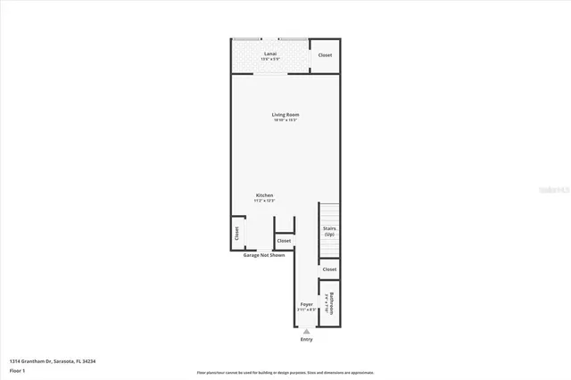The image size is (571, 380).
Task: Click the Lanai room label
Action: pyautogui.click(x=270, y=54)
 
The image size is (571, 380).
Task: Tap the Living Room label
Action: pyautogui.click(x=285, y=114)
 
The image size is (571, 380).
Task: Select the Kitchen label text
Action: pyautogui.click(x=265, y=195)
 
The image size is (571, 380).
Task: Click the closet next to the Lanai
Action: pyautogui.click(x=326, y=55)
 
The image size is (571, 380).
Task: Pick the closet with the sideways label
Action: pyautogui.click(x=236, y=233)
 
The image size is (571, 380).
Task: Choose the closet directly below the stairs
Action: pyautogui.click(x=329, y=268)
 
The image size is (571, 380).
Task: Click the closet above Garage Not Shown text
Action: pyautogui.click(x=284, y=240)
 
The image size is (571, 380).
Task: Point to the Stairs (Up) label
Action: pyautogui.click(x=329, y=231)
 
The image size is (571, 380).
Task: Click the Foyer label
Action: pyautogui.click(x=307, y=304)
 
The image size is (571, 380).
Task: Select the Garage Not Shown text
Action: pyautogui.click(x=264, y=255)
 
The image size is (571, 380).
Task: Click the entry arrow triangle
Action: pyautogui.click(x=307, y=331)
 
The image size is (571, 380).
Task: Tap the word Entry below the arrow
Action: pyautogui.click(x=307, y=339)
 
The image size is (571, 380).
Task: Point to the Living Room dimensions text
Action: pyautogui.click(x=285, y=120)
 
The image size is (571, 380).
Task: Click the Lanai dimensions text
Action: pyautogui.click(x=270, y=60)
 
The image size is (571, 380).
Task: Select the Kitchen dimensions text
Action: pyautogui.click(x=265, y=201)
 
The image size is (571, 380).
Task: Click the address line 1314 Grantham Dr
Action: pyautogui.click(x=53, y=360)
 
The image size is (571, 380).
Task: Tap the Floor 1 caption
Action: pyautogui.click(x=16, y=369)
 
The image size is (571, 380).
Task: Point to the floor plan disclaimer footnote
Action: pyautogui.click(x=285, y=372)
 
